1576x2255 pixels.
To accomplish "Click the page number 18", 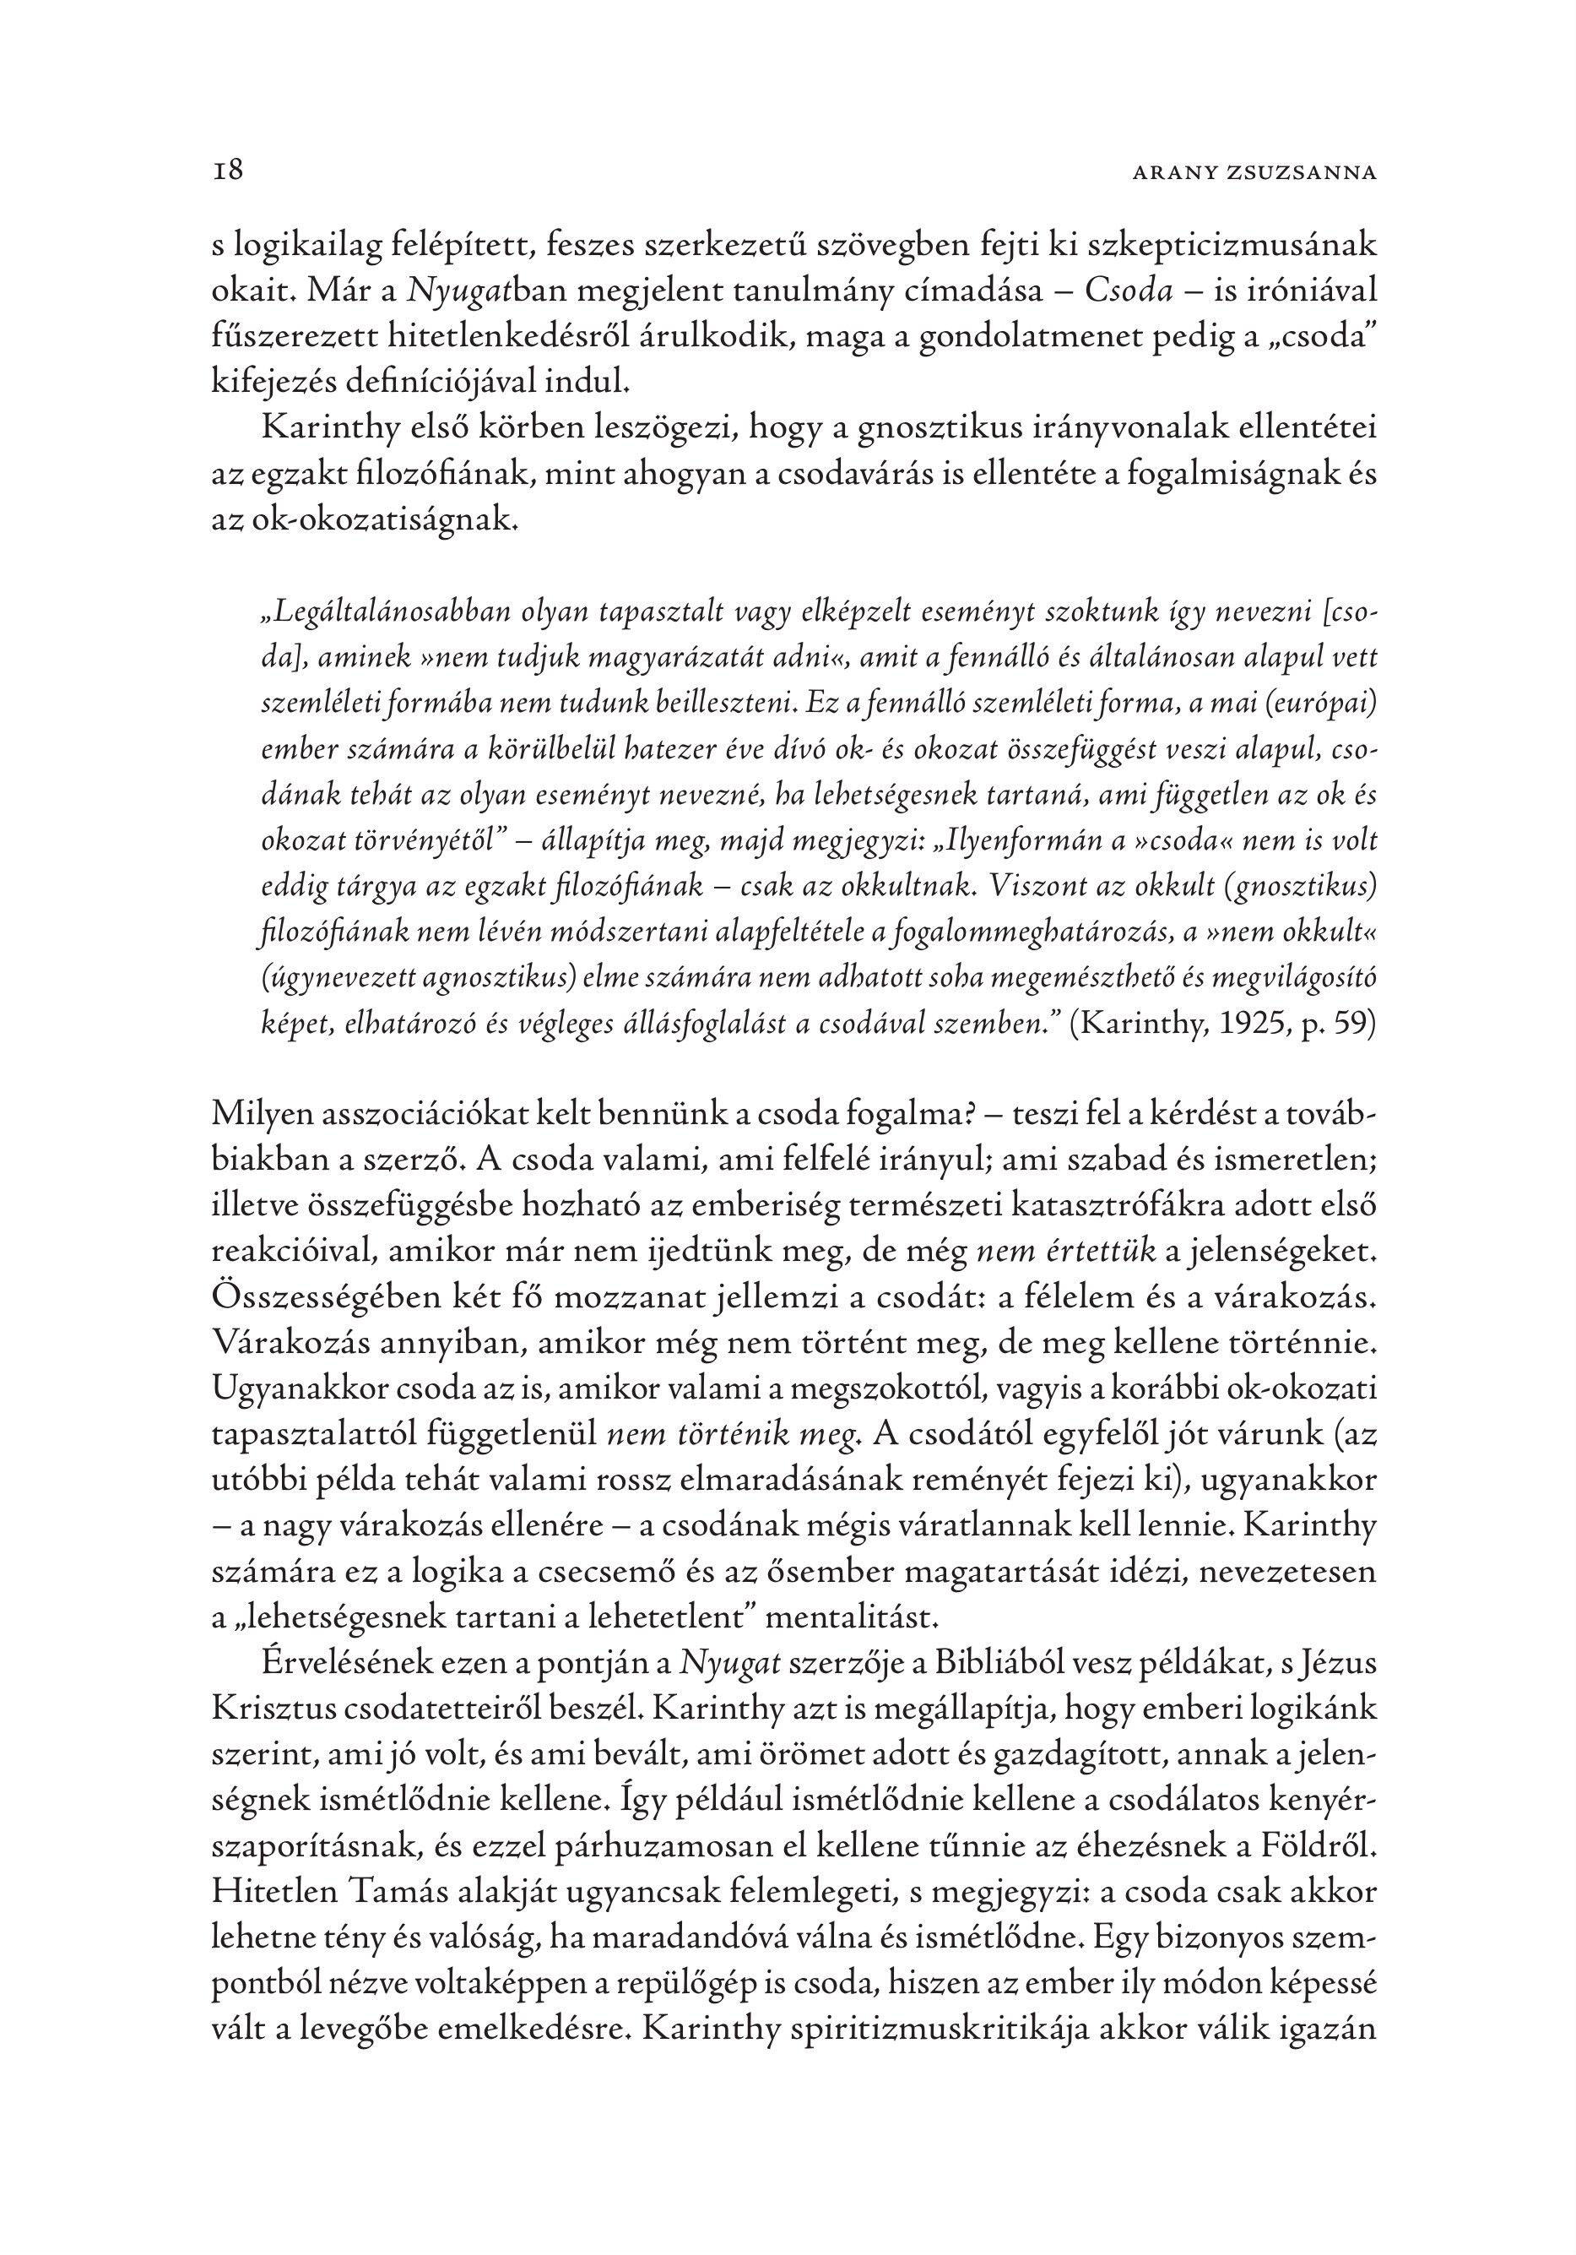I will (x=228, y=171).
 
